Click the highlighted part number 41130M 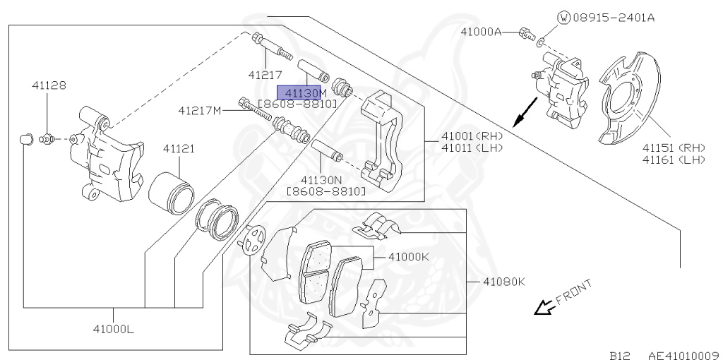tap(301, 92)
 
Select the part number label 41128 tap(49, 85)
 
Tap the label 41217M tap(199, 110)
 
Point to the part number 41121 tap(179, 149)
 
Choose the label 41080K tap(504, 282)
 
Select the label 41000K tap(408, 257)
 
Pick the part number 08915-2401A tap(613, 18)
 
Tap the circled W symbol tap(563, 18)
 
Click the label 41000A tap(481, 32)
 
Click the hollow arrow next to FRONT tap(544, 307)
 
